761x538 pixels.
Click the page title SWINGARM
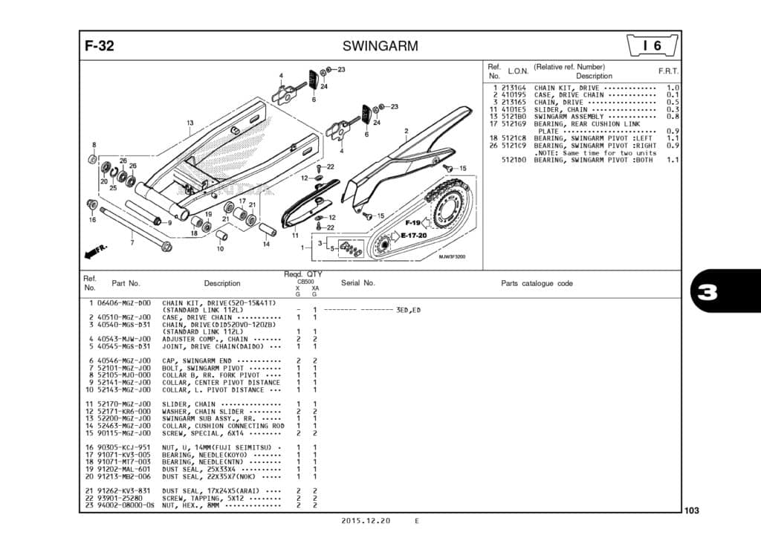[380, 46]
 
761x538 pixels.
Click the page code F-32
[100, 46]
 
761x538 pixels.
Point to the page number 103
[692, 511]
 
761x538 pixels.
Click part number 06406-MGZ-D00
[124, 303]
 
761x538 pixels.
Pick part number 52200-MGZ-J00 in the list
[124, 418]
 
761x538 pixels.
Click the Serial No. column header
[358, 283]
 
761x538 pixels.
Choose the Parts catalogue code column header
[537, 283]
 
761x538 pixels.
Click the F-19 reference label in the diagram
[413, 223]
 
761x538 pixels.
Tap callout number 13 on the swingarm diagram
[190, 123]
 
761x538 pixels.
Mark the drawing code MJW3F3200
[451, 256]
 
